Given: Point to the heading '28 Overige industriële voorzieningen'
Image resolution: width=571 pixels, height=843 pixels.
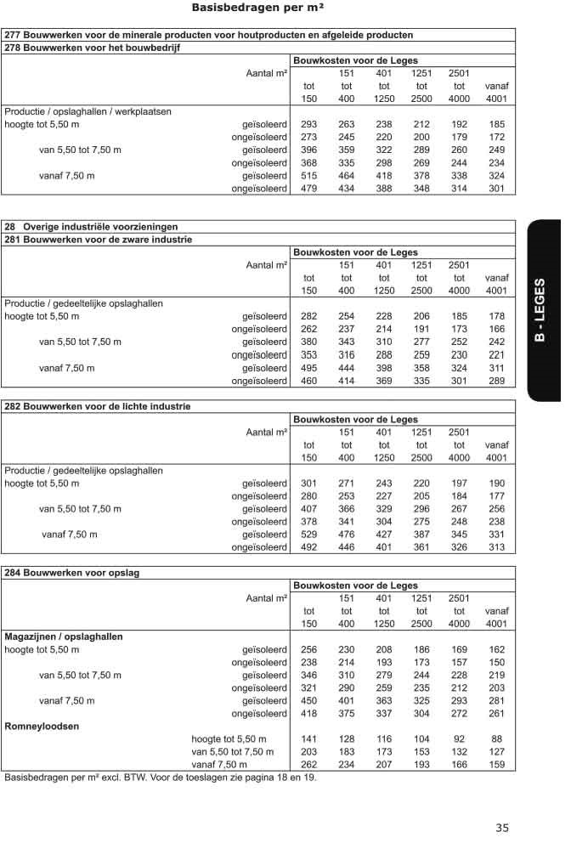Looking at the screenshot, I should tap(91, 227).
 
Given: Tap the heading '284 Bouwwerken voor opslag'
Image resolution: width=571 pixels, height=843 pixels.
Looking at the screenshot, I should tap(72, 573).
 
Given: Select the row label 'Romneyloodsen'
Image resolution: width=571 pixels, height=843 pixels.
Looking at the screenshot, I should tap(42, 727).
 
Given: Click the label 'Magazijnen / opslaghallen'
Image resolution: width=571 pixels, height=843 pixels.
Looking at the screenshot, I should tap(64, 636).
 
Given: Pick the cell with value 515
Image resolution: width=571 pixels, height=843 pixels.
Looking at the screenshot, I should tap(309, 175).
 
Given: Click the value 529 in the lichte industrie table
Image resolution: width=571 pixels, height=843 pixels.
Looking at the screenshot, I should tap(309, 535).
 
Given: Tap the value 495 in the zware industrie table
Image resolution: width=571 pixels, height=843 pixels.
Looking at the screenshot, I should tap(309, 369).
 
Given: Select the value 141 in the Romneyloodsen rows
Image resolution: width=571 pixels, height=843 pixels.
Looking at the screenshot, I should tap(309, 739).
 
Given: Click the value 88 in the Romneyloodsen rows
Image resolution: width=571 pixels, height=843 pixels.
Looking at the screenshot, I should tap(497, 739).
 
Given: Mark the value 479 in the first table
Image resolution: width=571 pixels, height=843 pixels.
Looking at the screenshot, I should tap(309, 188).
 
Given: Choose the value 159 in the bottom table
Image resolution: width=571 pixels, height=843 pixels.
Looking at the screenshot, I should tap(497, 765).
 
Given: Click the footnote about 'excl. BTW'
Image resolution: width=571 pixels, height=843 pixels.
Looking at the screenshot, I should tap(161, 778).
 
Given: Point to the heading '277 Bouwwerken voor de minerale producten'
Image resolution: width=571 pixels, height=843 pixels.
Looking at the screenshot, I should tap(209, 35).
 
